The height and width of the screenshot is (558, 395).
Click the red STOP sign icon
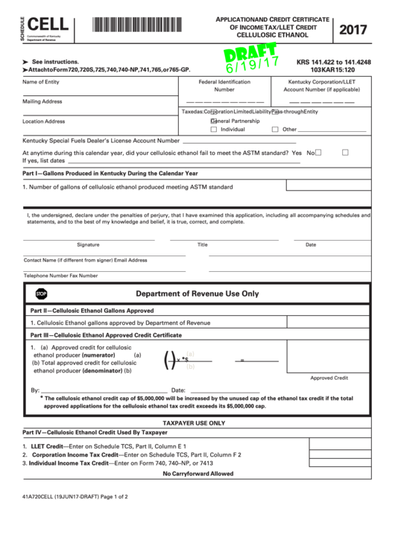tap(41, 294)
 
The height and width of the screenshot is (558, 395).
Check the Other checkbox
tap(276, 129)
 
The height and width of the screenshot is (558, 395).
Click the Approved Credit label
tap(329, 378)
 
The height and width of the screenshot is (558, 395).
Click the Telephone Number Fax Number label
tap(60, 275)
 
